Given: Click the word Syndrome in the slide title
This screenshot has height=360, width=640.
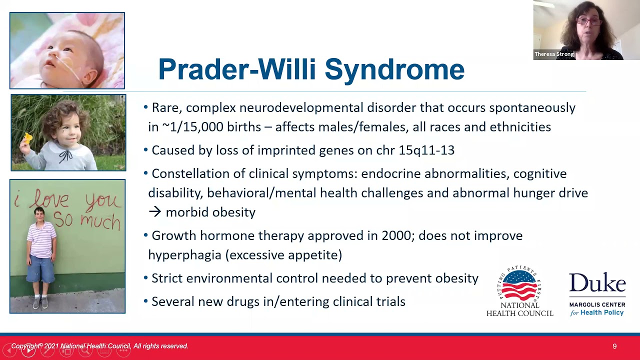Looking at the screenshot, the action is click(394, 70).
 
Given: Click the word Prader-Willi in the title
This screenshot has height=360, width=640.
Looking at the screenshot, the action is click(237, 69).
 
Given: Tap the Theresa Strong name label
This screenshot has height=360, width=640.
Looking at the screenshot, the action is click(554, 54).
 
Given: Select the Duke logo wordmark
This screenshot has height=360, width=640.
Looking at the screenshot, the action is click(597, 282).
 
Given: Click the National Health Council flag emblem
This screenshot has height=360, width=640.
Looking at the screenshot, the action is click(519, 285).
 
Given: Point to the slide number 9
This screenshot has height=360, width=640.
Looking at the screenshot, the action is click(614, 346).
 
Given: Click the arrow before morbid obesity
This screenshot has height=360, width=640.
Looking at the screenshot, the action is click(155, 212).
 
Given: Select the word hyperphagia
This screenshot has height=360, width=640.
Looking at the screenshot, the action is click(184, 255).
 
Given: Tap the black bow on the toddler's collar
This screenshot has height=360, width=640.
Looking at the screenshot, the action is click(65, 156).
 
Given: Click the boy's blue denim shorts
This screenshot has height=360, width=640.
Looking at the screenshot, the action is click(41, 268).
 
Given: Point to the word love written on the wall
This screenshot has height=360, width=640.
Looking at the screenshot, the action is click(51, 199).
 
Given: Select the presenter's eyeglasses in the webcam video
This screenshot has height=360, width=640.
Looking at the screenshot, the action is click(588, 21).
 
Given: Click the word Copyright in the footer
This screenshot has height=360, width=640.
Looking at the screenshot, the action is click(25, 346).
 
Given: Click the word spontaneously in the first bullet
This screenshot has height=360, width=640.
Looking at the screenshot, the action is click(532, 108).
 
